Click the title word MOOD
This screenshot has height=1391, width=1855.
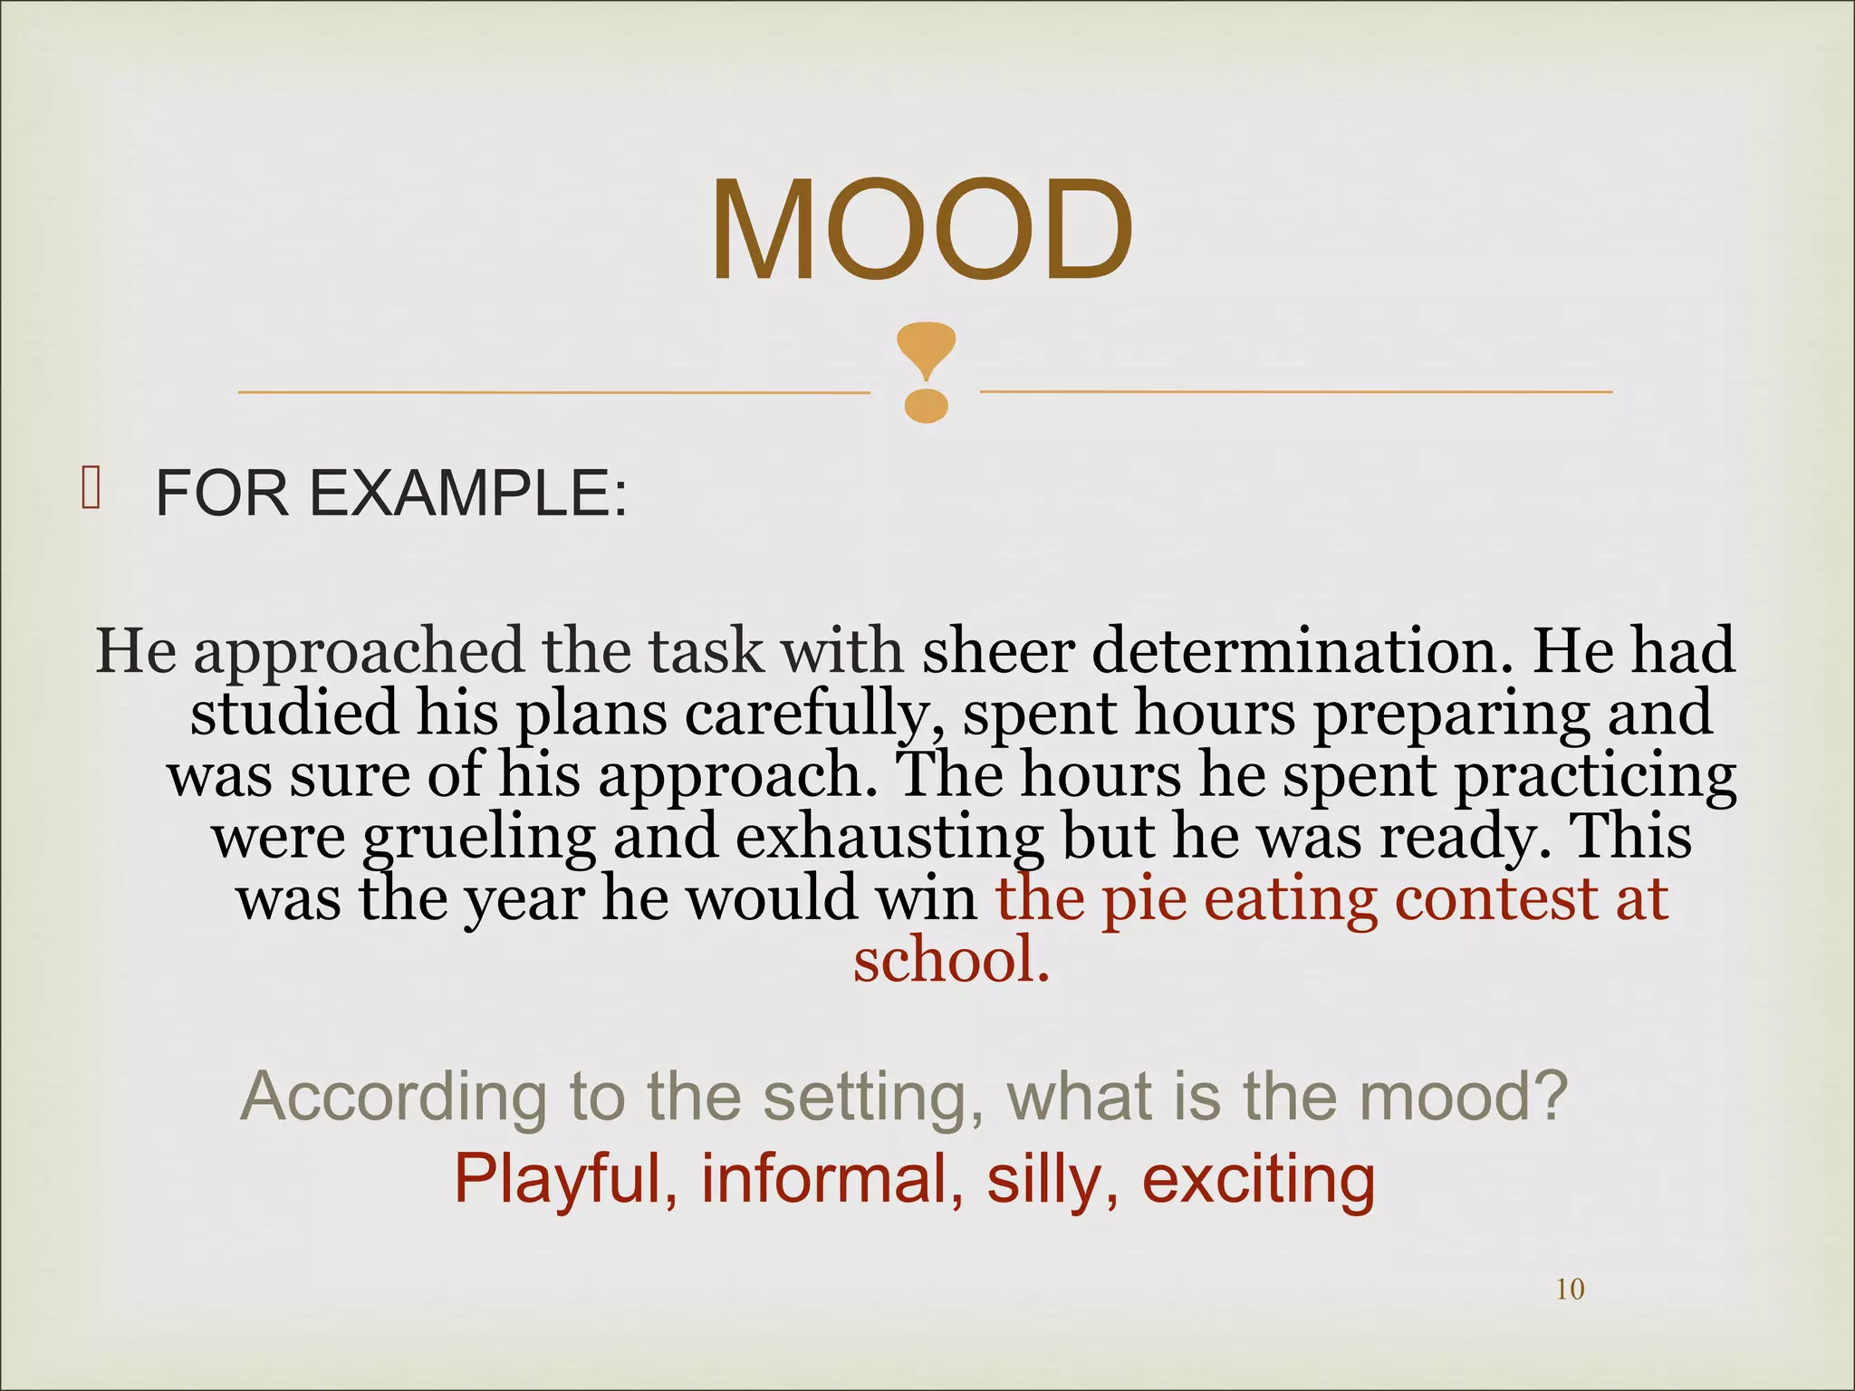coord(921,232)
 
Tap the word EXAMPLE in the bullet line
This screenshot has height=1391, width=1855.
coord(468,494)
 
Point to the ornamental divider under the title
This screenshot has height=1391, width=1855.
coord(926,373)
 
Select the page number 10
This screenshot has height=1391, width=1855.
coord(1570,1289)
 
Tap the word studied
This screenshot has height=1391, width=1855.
coord(293,712)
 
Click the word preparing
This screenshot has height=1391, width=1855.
coord(1450,714)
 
